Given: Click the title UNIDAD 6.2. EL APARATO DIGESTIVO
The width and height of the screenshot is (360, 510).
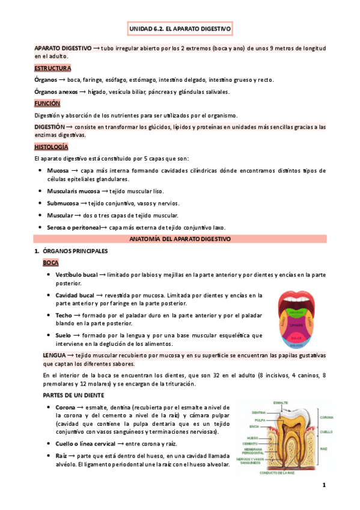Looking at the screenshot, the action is (180, 28).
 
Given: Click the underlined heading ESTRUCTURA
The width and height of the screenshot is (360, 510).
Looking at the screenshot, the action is (53, 68).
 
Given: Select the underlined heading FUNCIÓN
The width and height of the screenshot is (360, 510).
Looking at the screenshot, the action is (47, 103).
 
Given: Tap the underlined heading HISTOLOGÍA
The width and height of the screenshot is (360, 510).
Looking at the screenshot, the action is (51, 147).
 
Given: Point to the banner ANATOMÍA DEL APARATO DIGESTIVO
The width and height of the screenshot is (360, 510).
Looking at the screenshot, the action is (180, 239).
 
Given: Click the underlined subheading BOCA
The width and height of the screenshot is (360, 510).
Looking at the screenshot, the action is (50, 263).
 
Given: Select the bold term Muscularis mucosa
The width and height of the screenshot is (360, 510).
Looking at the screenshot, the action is (73, 191).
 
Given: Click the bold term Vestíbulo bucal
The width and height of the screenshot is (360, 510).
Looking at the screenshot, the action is (76, 275).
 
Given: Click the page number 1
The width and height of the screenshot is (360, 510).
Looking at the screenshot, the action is (323, 485).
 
